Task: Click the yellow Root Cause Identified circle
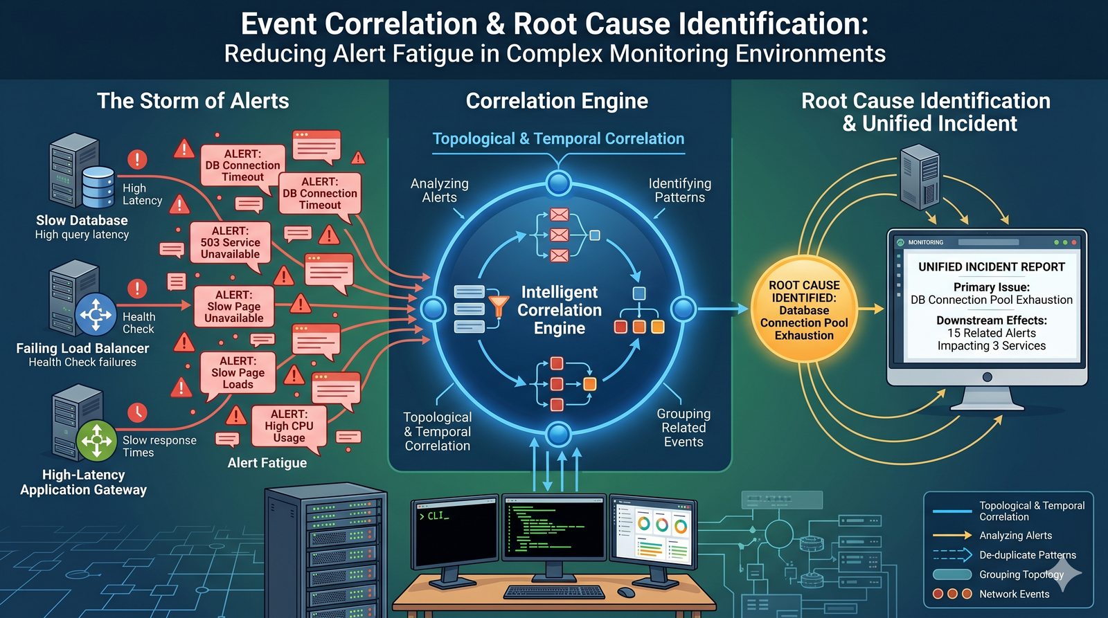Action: (x=804, y=310)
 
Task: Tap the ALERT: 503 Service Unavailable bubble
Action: (x=230, y=242)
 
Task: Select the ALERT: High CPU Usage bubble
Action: (x=289, y=426)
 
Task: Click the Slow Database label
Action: (x=82, y=221)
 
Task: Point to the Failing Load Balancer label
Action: (x=82, y=348)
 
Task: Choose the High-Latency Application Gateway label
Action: (x=83, y=482)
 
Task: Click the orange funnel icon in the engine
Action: (x=498, y=305)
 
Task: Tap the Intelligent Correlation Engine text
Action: (x=559, y=310)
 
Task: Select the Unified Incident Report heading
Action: (x=991, y=267)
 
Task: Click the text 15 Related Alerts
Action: (x=991, y=333)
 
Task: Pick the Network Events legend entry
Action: (x=1014, y=594)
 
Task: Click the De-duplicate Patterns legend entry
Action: (x=1027, y=555)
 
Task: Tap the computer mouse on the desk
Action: (x=625, y=592)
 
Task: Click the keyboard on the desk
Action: (x=553, y=592)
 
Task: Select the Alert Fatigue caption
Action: (x=267, y=463)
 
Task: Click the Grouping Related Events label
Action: (x=683, y=428)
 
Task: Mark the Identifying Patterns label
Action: (x=679, y=190)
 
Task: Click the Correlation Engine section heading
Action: (x=557, y=101)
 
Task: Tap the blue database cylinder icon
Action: (x=98, y=187)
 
